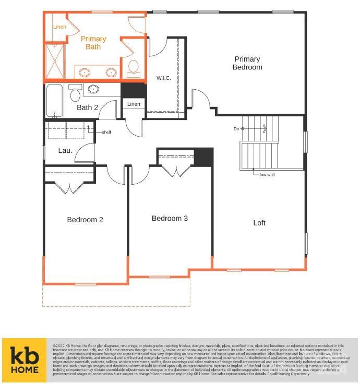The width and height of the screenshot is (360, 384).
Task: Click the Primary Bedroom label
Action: pos(247,63)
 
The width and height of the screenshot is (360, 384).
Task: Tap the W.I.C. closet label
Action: pos(164,78)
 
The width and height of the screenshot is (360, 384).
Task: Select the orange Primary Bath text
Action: pos(93,43)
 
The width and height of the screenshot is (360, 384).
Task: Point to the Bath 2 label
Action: pos(87,107)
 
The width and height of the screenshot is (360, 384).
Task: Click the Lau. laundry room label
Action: pos(65,151)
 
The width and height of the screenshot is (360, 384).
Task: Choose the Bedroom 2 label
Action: pos(85,220)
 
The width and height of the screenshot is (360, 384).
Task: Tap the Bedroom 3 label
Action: pos(170,218)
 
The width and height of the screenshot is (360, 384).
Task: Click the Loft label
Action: pos(259,223)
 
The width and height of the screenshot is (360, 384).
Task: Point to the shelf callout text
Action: pos(106,132)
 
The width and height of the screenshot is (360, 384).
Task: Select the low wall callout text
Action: pos(267,174)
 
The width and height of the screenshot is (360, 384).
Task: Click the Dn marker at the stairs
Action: pos(236,128)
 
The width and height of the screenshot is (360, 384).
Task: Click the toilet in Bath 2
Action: pos(75,94)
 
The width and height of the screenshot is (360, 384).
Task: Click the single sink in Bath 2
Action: pos(93,89)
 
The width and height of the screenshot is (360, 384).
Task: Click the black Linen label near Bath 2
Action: pos(134,104)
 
